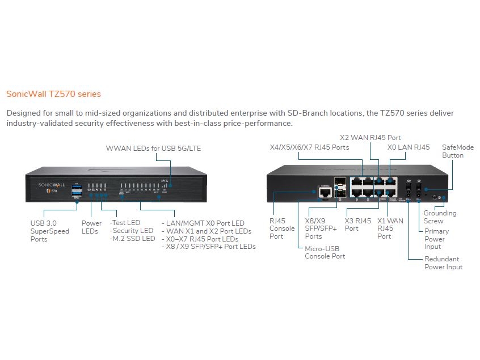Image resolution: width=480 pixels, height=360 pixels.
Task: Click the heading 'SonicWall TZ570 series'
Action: [53, 94]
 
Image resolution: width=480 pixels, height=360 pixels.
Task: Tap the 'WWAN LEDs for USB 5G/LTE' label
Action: [153, 149]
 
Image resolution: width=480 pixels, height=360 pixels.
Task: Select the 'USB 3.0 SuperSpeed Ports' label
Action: [50, 231]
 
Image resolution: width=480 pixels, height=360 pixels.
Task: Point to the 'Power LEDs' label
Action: [91, 227]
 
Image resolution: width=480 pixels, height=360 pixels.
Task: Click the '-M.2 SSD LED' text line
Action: [132, 239]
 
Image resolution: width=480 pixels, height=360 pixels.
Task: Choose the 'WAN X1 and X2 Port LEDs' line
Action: [207, 231]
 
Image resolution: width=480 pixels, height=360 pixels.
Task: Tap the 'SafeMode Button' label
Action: [453, 151]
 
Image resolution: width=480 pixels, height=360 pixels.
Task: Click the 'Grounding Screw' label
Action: [440, 217]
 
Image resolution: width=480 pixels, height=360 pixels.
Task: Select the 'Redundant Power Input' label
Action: [443, 263]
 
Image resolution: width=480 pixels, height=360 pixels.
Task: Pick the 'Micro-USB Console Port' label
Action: [325, 252]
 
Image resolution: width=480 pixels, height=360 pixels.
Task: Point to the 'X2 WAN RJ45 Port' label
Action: [370, 137]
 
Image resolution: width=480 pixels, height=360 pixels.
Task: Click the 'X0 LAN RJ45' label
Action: [408, 147]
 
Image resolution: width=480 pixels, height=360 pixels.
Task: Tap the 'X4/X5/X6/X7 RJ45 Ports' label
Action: [309, 147]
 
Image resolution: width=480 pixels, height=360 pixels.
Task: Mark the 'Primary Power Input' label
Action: [436, 239]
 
